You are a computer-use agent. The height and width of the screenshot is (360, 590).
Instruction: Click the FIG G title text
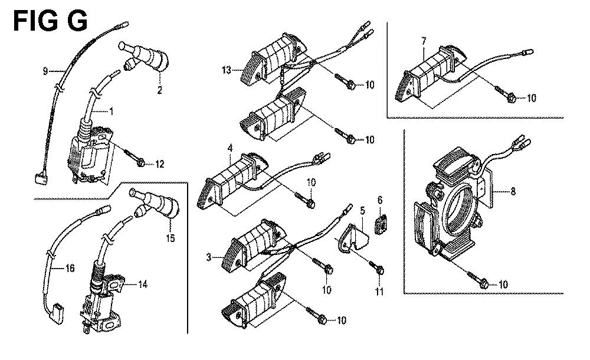[50, 21]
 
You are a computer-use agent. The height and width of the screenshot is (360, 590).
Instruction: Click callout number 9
[45, 71]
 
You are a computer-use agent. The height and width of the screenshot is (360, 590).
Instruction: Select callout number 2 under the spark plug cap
[159, 90]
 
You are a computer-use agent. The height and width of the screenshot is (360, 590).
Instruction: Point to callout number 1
[112, 111]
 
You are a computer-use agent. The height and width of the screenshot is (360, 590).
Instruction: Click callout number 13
[226, 70]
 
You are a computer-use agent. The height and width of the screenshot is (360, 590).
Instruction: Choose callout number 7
[424, 41]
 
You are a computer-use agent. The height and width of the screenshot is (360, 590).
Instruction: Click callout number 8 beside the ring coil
[513, 191]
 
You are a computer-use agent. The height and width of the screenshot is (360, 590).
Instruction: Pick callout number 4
[230, 148]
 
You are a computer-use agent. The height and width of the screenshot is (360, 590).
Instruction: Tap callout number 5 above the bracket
[363, 211]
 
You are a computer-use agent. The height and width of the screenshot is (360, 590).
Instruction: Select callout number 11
[379, 292]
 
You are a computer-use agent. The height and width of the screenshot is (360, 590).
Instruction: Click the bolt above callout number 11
[376, 267]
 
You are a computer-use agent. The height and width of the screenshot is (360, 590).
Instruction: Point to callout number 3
[209, 257]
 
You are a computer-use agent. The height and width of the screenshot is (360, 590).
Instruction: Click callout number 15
[171, 238]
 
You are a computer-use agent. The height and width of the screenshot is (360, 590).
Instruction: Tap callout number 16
[70, 268]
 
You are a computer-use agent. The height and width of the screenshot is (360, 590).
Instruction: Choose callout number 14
[143, 284]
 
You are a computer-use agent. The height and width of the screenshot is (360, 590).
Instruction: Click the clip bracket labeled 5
[352, 238]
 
